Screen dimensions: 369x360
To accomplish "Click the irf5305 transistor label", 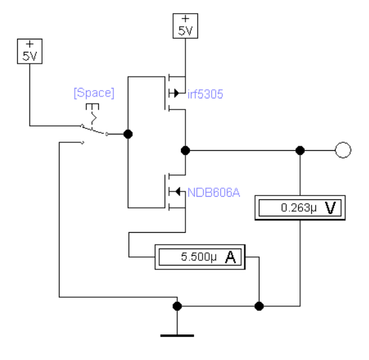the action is point(205,94).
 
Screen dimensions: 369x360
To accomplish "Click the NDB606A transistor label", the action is point(214,193).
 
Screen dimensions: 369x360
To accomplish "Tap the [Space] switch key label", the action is point(94,93).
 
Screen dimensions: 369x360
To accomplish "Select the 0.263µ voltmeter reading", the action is point(299,208).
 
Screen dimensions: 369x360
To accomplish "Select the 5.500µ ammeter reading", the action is point(199,256).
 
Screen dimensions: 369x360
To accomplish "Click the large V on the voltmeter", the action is point(330,208).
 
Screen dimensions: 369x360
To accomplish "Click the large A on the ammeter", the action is point(231,257).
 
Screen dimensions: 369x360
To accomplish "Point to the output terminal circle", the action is point(343,150).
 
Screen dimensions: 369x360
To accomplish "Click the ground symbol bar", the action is point(177,336).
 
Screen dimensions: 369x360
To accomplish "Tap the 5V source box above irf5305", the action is point(185,26).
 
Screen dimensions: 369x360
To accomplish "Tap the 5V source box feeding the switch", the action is point(29,51).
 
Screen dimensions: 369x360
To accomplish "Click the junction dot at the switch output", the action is point(128,134).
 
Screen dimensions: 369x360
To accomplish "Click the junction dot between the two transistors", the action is point(185,150).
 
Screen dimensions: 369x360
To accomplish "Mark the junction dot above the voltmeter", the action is point(300,150).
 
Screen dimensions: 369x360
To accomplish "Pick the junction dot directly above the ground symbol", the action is point(177,306).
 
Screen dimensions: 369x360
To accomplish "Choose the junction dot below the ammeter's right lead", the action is point(259,306).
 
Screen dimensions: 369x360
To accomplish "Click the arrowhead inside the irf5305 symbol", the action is point(176,93).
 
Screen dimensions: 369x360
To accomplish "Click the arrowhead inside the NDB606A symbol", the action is point(178,191).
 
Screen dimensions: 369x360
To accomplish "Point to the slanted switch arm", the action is point(94,130).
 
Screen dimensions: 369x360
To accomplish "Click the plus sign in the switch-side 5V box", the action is point(29,44).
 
